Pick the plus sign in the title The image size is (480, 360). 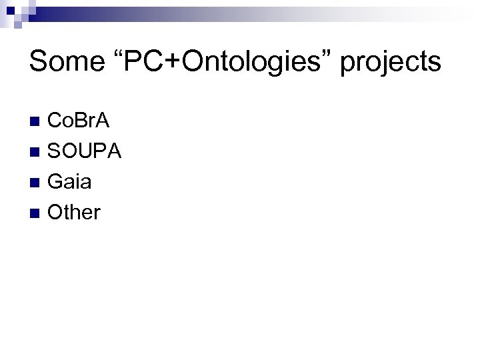coord(168,63)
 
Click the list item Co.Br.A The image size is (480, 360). coord(79,121)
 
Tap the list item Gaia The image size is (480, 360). coord(70,183)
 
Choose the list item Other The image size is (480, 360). coord(75,213)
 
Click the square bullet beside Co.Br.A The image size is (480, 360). coord(36,122)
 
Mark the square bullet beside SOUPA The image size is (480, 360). coord(36,153)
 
